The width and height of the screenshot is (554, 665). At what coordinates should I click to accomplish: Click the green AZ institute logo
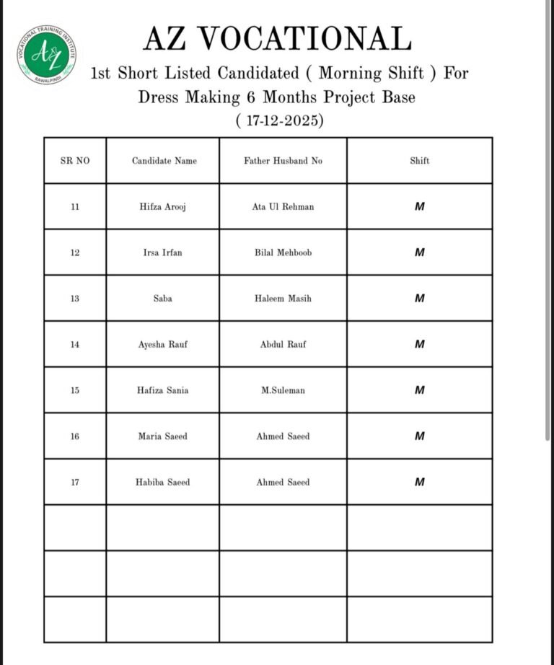pos(47,54)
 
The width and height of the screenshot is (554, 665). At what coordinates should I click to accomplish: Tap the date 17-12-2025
pos(280,120)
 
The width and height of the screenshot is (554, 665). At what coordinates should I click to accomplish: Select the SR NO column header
pos(75,161)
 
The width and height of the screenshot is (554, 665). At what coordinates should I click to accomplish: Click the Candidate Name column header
pos(164,161)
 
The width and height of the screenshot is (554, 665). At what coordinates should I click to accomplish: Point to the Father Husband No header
pos(283,161)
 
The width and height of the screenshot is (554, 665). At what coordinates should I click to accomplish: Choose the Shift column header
pos(419,161)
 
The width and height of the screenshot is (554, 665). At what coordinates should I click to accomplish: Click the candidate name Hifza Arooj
pos(164,207)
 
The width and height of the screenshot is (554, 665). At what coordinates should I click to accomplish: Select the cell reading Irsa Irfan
pos(163,253)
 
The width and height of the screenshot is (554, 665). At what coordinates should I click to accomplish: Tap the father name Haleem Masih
pos(283,299)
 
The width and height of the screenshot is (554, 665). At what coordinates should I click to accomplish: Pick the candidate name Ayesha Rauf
pos(163,345)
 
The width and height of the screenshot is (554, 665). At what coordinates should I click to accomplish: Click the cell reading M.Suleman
pos(283,390)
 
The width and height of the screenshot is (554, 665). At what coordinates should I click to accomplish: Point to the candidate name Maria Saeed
pos(163,436)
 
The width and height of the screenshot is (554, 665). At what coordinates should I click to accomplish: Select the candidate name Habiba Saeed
pos(163,483)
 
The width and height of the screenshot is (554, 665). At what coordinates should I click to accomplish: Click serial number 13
pos(75,299)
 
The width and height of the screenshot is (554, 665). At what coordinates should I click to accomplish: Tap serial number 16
pos(75,436)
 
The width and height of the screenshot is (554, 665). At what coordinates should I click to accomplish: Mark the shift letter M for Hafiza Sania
pos(419,390)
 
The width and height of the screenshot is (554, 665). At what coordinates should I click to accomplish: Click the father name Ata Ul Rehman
pos(283,207)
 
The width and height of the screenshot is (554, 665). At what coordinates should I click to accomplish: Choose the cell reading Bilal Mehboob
pos(283,253)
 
